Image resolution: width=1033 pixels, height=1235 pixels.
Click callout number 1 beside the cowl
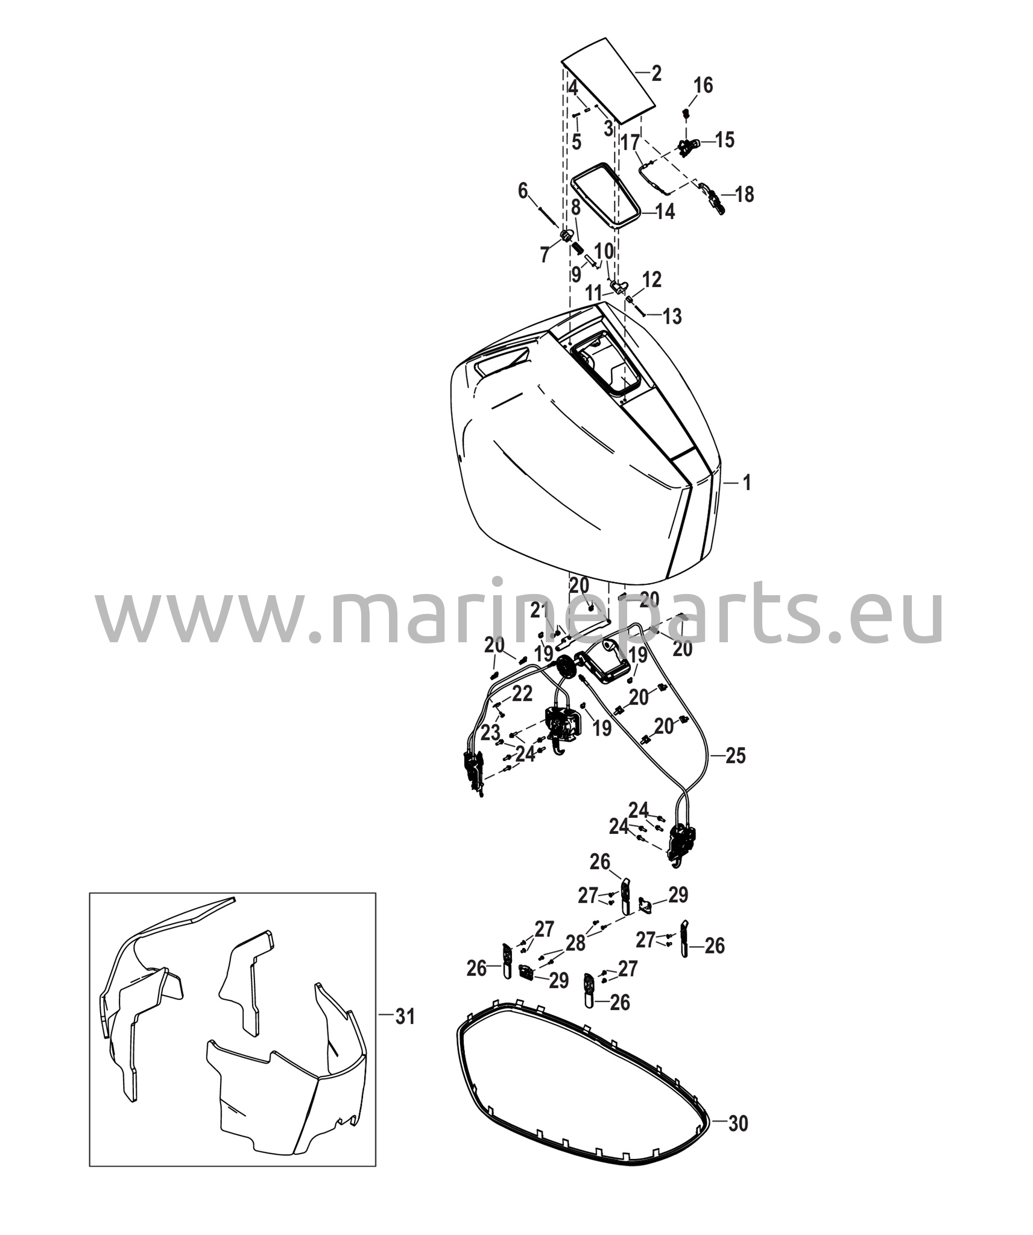tap(746, 482)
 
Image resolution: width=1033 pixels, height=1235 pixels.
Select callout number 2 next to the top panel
tap(657, 74)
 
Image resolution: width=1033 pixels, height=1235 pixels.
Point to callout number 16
tap(703, 86)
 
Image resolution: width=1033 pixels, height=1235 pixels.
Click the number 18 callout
tap(744, 195)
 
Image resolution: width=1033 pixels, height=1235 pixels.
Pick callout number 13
tap(672, 316)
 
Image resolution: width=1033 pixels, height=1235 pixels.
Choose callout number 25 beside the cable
tap(735, 756)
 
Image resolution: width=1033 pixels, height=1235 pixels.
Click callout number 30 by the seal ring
tap(738, 1123)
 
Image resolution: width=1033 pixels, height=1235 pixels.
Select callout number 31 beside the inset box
tap(405, 1017)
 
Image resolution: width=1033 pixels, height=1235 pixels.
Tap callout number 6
tap(523, 191)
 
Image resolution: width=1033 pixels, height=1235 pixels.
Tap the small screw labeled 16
tap(686, 113)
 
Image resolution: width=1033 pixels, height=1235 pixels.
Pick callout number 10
tap(604, 251)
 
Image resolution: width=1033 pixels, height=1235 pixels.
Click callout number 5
tap(577, 143)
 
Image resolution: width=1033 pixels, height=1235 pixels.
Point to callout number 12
tap(651, 279)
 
